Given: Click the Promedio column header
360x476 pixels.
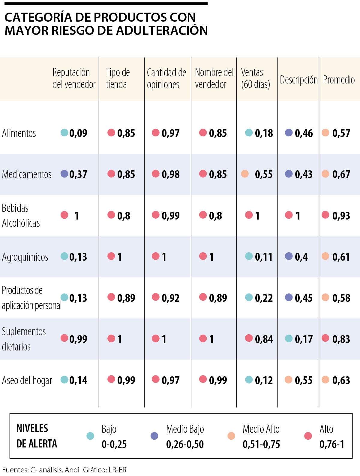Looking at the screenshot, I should click(339, 80).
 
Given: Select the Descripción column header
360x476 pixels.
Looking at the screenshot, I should click(298, 80).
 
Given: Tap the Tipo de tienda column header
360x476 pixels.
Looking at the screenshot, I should click(118, 78).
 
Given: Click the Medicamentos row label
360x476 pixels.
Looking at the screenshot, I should click(27, 174).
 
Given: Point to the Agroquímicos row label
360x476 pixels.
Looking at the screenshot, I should click(25, 257).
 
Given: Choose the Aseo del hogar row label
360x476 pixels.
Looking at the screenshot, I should click(27, 380).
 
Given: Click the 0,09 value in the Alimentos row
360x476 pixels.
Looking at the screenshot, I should click(78, 133).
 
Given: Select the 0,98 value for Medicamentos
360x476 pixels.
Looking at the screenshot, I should click(170, 174).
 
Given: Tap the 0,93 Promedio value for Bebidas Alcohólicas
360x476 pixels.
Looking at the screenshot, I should click(341, 215).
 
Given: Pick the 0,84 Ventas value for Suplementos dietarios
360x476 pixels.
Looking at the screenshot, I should click(264, 339).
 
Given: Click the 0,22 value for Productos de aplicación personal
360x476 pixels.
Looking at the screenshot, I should click(264, 298).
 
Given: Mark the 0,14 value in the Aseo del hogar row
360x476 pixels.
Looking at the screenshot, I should click(78, 380).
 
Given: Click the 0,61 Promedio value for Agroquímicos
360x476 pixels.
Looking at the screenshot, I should click(341, 257).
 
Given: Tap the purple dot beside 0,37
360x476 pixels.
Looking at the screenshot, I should click(64, 174).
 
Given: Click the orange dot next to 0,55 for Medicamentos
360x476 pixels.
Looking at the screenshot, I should click(245, 174).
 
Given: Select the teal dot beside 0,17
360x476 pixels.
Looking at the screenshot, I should click(289, 338).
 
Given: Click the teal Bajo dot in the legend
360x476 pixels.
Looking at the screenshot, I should click(90, 436).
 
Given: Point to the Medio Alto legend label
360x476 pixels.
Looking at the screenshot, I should click(261, 429).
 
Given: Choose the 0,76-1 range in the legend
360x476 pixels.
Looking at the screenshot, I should click(332, 444).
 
